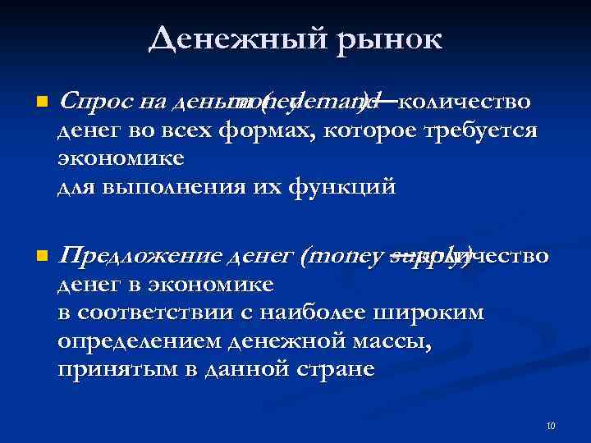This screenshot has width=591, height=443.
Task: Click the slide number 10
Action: [x=551, y=426]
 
